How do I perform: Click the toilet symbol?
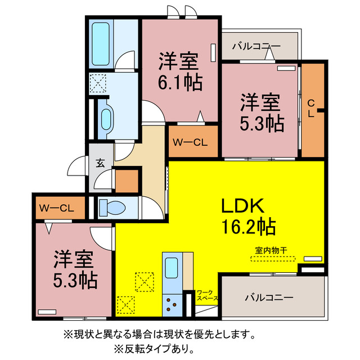click(113, 208)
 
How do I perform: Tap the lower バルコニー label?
click(268, 296)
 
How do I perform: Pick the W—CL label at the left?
click(57, 208)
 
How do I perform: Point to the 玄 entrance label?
click(100, 163)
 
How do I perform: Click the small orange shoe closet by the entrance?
click(127, 181)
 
